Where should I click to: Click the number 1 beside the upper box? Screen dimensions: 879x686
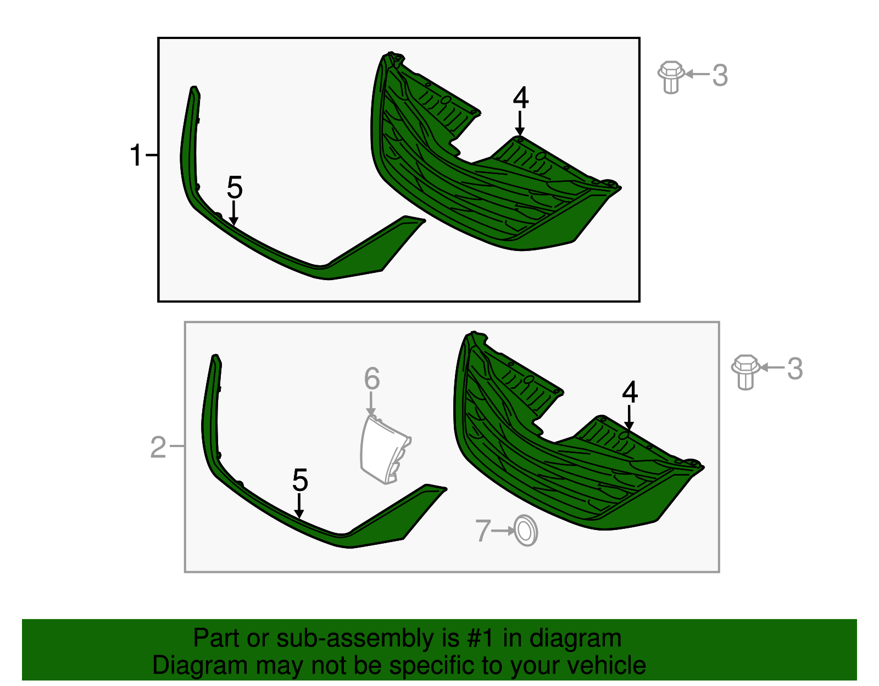point(136,155)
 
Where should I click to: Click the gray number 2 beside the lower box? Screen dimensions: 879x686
point(158,448)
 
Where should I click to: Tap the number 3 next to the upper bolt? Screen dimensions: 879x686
point(720,75)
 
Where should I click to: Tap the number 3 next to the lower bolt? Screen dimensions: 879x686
point(795,369)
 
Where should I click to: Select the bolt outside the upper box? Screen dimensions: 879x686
point(671,77)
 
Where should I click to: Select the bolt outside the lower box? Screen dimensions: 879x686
point(746,372)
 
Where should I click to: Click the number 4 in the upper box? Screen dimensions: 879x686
point(521,98)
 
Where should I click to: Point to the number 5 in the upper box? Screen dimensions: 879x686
point(235,187)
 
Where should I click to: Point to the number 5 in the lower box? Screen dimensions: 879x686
point(300,480)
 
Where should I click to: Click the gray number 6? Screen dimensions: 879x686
point(372,379)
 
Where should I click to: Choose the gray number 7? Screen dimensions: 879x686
point(483,531)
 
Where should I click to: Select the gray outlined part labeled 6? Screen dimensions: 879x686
point(384,449)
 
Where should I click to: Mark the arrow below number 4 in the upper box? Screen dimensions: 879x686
point(520,124)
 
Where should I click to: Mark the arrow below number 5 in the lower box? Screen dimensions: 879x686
point(299,506)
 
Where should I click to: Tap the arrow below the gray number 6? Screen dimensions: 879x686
point(371,404)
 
